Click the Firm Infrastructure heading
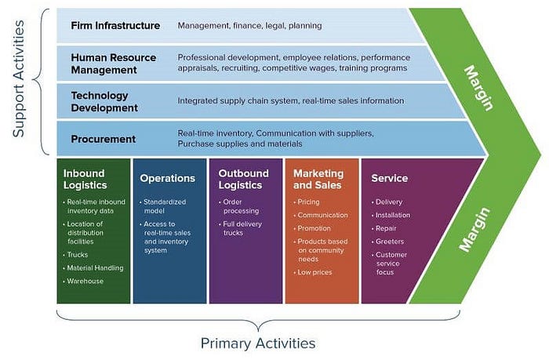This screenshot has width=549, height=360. coord(115,26)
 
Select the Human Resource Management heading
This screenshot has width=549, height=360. coord(114,63)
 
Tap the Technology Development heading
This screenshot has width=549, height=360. coord(105,101)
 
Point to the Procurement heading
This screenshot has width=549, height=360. coord(104,140)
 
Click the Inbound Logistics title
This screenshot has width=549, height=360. coord(85,179)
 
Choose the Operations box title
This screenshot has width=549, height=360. coord(167,178)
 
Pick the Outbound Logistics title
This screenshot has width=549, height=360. coord(243,179)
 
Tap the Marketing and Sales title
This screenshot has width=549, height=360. coord(318,179)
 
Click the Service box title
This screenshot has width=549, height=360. coord(389,178)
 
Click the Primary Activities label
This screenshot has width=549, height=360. coord(258,343)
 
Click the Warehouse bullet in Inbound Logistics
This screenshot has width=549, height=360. coord(85,281)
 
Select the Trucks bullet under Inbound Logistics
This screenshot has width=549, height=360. coord(78,254)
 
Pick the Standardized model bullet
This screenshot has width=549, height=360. coord(166,206)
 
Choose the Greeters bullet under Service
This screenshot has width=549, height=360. coord(390,241)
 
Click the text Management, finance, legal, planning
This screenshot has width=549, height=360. coord(250,26)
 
